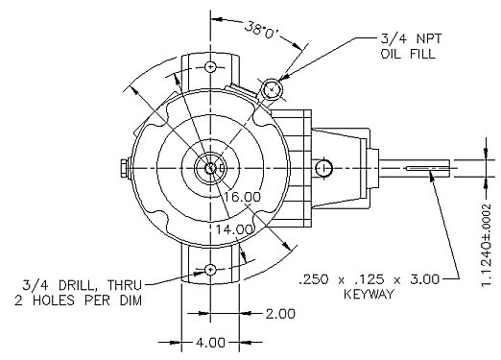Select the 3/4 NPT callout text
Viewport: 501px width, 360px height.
coord(411,38)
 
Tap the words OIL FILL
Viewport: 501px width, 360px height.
coord(408,54)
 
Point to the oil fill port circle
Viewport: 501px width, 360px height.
coord(272,89)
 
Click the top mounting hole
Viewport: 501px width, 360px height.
coord(210,67)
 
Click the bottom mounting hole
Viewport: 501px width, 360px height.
coord(210,270)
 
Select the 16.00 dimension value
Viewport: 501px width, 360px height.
coord(242,197)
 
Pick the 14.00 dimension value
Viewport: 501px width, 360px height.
coord(235,229)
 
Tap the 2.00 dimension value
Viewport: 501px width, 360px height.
coord(280,314)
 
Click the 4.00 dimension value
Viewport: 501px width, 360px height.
coord(210,343)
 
